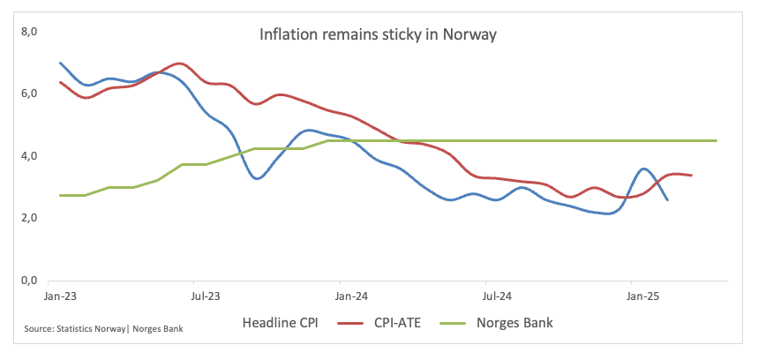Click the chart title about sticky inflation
tap(378, 36)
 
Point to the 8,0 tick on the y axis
tap(31, 32)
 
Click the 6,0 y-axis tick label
tap(31, 94)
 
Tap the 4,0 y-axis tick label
tap(31, 156)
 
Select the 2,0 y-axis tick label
tap(31, 218)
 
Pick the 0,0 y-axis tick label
tap(31, 281)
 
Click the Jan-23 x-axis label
tap(59, 296)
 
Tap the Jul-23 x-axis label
tap(205, 296)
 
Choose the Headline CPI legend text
tap(280, 323)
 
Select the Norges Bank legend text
tap(516, 323)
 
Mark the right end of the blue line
tap(667, 200)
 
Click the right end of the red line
tap(691, 176)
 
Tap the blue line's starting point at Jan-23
tap(59, 63)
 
